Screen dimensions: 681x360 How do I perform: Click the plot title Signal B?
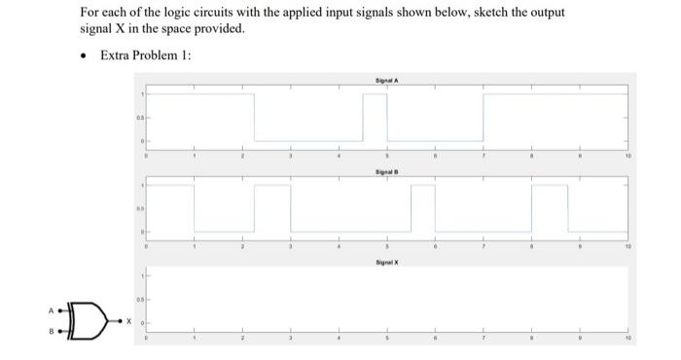coord(386,170)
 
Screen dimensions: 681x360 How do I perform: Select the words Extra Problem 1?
coord(146,54)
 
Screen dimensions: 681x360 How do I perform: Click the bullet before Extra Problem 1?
coord(86,54)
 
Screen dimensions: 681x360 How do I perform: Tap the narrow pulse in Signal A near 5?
coord(375,117)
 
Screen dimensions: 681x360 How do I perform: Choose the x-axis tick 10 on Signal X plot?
coord(627,339)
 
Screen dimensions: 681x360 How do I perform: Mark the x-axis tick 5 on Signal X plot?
coord(387,339)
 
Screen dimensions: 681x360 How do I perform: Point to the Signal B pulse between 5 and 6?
coord(422,206)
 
